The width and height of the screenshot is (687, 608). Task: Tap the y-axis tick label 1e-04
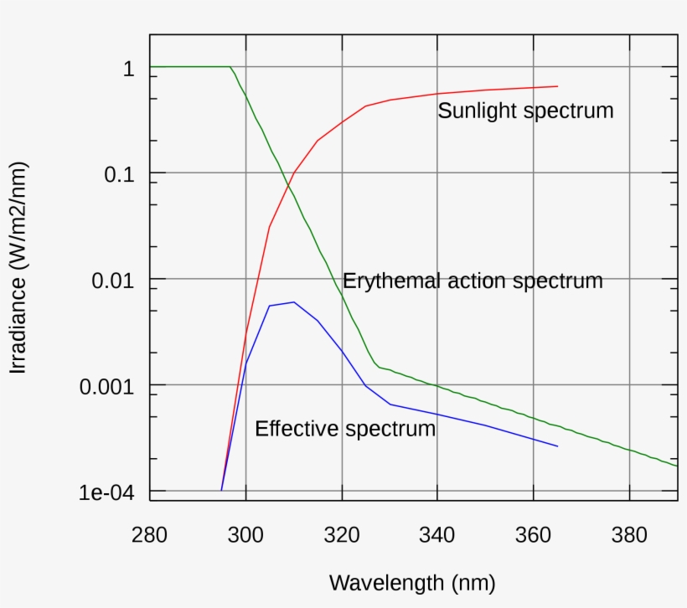[x=106, y=492]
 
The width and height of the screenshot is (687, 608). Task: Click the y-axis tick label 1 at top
[x=128, y=69]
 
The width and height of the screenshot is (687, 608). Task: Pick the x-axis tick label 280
[x=149, y=534]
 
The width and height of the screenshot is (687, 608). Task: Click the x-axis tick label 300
[x=245, y=534]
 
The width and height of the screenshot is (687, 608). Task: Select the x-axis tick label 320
[x=342, y=534]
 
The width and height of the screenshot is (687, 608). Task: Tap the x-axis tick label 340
[x=437, y=534]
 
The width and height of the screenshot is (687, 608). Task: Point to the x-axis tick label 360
[x=534, y=534]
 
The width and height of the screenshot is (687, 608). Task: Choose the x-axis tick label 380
[x=629, y=534]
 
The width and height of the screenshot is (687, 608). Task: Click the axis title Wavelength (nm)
[x=412, y=582]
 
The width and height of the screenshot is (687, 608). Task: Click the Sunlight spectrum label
[x=525, y=111]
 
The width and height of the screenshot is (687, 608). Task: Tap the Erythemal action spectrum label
[x=473, y=281]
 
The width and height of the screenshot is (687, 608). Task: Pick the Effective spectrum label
[x=345, y=429]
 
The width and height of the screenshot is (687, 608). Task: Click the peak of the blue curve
[x=293, y=302]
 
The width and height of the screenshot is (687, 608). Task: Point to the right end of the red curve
[x=557, y=86]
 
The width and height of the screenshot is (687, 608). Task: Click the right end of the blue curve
[x=557, y=446]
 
